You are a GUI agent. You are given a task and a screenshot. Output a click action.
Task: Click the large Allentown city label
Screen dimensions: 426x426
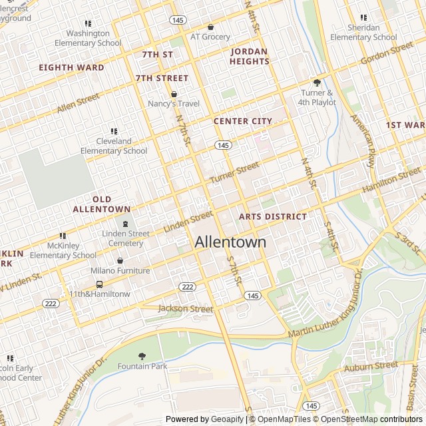click(x=230, y=242)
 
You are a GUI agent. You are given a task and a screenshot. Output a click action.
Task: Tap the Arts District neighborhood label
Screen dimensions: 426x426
click(x=273, y=217)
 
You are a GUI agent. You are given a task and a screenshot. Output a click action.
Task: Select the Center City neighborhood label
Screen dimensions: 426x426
click(x=243, y=121)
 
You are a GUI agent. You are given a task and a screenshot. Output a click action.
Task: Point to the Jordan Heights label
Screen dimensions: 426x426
click(x=250, y=57)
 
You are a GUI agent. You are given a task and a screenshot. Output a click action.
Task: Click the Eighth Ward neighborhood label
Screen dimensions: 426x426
click(x=71, y=67)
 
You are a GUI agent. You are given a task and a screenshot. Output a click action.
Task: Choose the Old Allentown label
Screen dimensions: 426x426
click(x=102, y=204)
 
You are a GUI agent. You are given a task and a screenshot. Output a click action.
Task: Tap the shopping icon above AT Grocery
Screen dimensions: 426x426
click(x=210, y=27)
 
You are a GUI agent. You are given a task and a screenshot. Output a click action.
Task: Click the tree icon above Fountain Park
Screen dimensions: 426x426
click(x=141, y=356)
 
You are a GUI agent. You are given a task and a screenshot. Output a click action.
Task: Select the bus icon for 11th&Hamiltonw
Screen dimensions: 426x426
click(x=99, y=284)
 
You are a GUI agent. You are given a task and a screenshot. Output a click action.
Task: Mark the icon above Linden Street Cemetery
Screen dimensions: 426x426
click(x=126, y=224)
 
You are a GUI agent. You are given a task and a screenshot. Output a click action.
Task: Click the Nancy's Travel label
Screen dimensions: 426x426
click(x=174, y=104)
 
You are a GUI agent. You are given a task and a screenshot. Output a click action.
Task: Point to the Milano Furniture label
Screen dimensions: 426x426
click(x=120, y=271)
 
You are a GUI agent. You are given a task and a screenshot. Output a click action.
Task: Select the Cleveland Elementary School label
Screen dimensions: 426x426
click(x=114, y=146)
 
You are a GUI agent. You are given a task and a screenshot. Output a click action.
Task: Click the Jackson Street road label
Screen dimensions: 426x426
click(x=186, y=309)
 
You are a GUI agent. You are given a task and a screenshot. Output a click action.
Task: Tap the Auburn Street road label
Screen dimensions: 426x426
click(x=371, y=366)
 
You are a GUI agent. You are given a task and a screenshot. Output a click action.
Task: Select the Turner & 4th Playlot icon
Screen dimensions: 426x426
click(x=317, y=83)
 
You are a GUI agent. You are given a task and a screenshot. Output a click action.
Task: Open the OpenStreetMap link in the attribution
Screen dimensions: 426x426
click(x=350, y=419)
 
